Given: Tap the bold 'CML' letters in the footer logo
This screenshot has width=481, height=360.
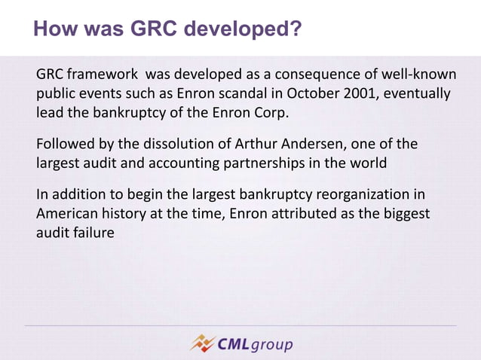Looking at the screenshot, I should [234, 344].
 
